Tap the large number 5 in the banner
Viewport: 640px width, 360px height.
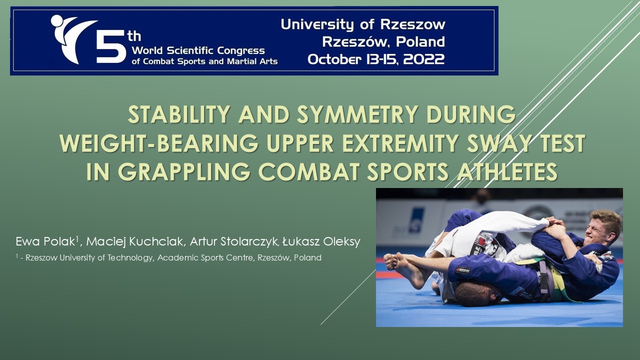111,46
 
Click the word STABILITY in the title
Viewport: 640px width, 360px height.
179,114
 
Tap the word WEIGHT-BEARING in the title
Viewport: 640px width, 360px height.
159,143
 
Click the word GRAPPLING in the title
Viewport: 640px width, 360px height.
184,171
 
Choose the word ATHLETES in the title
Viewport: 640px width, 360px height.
507,171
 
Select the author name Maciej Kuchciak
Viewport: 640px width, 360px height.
134,241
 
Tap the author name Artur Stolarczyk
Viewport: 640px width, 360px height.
234,241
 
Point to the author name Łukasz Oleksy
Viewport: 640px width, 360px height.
321,241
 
